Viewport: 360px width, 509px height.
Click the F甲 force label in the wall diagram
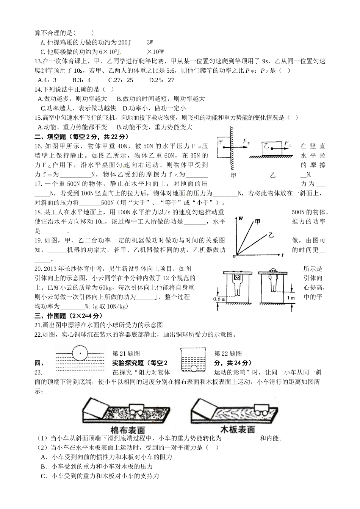point(246,142)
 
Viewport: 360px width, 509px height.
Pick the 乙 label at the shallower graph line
point(271,235)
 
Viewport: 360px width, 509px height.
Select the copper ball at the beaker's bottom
point(195,367)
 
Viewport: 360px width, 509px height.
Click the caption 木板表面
point(238,429)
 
